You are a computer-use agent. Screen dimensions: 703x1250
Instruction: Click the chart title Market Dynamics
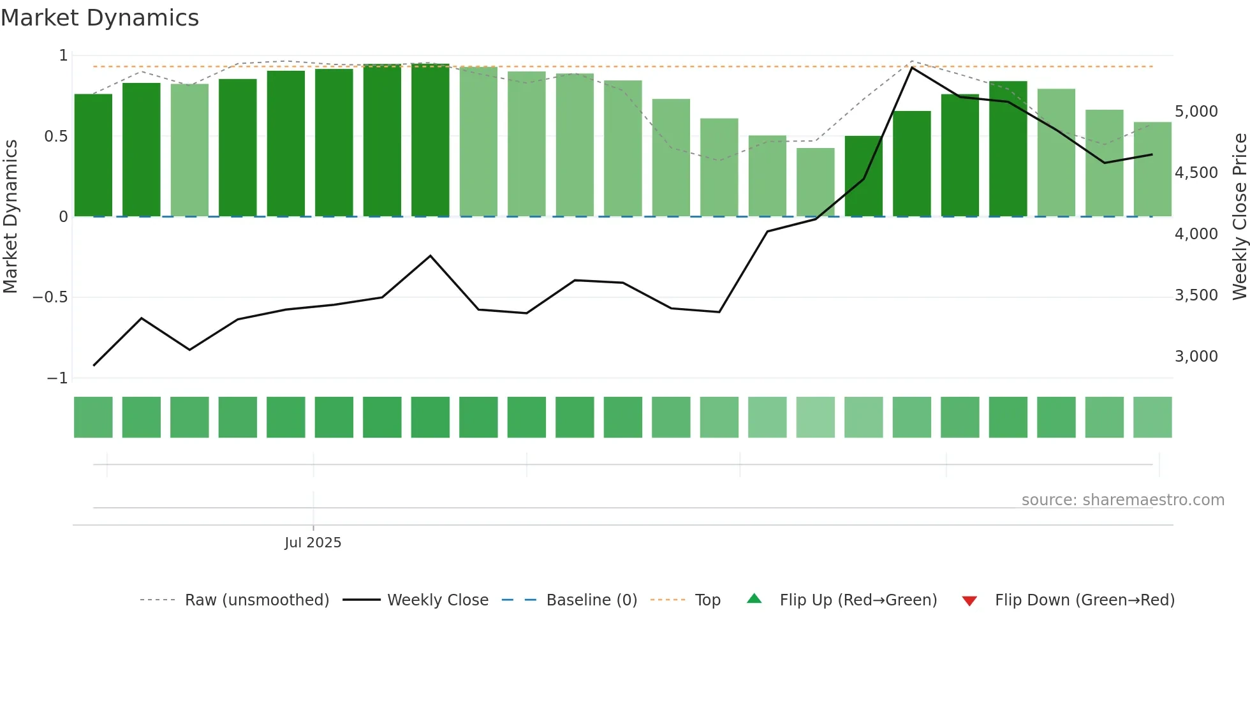coord(99,18)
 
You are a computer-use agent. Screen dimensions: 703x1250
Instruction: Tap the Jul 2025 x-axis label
coord(312,542)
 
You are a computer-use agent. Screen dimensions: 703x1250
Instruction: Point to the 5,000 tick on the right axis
coord(1196,112)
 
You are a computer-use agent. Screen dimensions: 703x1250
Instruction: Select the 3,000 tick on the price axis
coord(1196,357)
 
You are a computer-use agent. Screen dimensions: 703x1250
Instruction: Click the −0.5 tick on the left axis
coord(50,297)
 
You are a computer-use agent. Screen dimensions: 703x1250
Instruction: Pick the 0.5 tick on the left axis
coord(55,137)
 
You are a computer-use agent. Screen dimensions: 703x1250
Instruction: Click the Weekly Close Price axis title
coord(1239,216)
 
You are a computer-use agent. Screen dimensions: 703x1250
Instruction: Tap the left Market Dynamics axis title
coord(10,216)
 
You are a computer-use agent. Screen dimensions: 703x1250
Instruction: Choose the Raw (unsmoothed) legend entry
coord(256,600)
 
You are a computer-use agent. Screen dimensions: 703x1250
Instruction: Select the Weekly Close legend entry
coord(437,600)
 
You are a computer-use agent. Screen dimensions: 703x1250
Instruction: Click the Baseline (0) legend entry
coord(591,600)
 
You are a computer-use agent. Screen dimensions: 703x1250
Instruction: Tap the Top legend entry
coord(707,600)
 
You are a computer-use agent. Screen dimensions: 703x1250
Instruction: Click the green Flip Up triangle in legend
coord(754,599)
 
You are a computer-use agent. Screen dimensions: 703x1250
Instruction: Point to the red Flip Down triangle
coord(969,601)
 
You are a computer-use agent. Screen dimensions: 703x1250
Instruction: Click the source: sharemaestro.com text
coord(1122,500)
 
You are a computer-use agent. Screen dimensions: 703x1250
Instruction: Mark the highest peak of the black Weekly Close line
coord(912,67)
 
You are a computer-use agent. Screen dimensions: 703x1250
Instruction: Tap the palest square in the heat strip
coord(816,417)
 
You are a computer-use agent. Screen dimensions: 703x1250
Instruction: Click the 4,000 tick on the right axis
coord(1196,234)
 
